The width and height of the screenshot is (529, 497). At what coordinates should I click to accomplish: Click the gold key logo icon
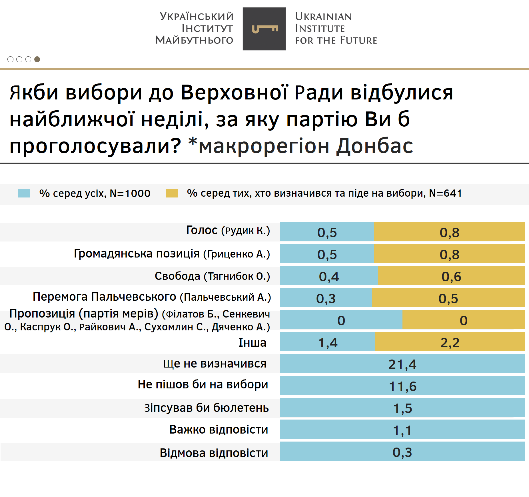(264, 29)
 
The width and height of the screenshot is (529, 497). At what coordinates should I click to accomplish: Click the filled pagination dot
(37, 59)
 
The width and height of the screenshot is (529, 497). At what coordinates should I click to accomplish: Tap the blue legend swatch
(24, 193)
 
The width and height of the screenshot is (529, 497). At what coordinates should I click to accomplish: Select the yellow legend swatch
(172, 193)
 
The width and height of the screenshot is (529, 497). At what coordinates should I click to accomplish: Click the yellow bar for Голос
(449, 232)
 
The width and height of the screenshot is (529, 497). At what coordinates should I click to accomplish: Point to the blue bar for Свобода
(329, 276)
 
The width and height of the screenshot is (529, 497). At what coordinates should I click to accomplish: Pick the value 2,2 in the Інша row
(450, 342)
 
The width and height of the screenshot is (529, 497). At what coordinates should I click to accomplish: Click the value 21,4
(402, 364)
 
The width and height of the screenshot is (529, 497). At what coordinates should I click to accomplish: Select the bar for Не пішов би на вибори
(402, 386)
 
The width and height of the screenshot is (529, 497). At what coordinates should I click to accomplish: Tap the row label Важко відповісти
(219, 430)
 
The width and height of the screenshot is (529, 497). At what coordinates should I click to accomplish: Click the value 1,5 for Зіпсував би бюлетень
(402, 408)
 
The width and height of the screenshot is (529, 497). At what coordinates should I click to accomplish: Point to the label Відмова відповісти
(214, 453)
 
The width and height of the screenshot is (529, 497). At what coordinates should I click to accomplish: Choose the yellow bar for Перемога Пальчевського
(448, 298)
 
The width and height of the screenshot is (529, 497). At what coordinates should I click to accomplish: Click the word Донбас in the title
(374, 146)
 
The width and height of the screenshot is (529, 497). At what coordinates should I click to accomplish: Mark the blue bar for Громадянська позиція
(327, 254)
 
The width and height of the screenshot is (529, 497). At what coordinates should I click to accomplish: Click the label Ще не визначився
(215, 364)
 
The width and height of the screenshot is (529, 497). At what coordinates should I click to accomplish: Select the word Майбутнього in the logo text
(194, 40)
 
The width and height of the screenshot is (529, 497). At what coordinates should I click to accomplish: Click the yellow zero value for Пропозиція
(463, 320)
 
